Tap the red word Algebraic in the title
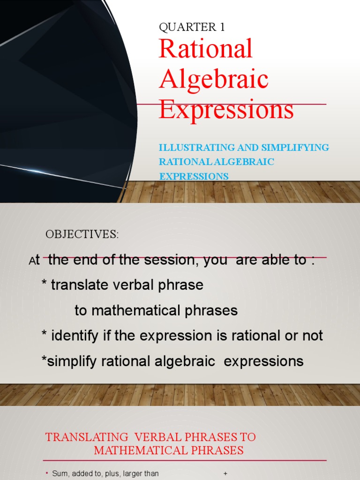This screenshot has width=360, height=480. tap(214, 79)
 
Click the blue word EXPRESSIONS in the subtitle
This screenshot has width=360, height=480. tap(194, 177)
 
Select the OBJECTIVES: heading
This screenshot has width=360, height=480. tap(82, 235)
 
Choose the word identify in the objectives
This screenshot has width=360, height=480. tap(72, 336)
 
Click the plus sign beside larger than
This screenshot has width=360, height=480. tap(225, 474)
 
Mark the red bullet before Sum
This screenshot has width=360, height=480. tap(47, 473)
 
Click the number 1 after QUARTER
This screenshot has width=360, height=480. tap(222, 27)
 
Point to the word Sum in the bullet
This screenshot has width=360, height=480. tap(60, 474)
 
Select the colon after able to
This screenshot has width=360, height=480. tap(312, 260)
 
